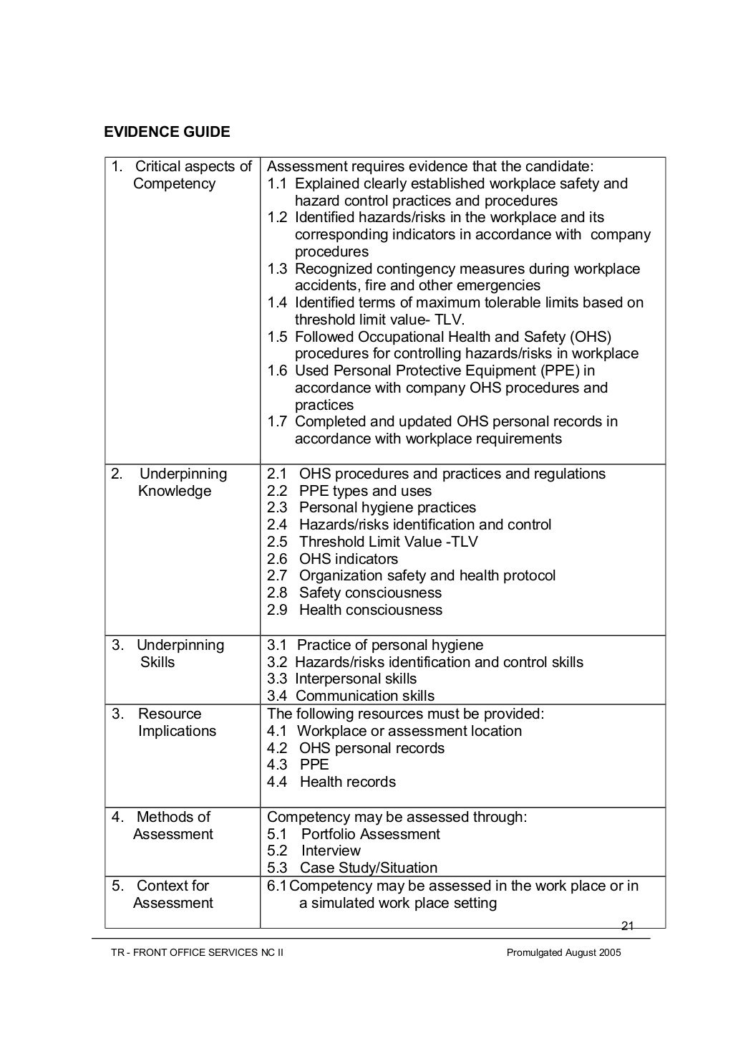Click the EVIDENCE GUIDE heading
[167, 132]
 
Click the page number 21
[628, 926]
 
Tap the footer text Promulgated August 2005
[564, 952]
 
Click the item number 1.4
[277, 302]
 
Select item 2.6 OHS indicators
[332, 559]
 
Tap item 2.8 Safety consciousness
[354, 593]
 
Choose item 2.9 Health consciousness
[354, 610]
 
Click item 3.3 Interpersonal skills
[341, 679]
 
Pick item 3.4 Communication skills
[351, 696]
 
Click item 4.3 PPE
[298, 765]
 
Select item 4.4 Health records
[331, 782]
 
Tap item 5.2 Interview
[314, 851]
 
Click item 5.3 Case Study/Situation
[351, 868]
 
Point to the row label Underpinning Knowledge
[175, 482]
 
